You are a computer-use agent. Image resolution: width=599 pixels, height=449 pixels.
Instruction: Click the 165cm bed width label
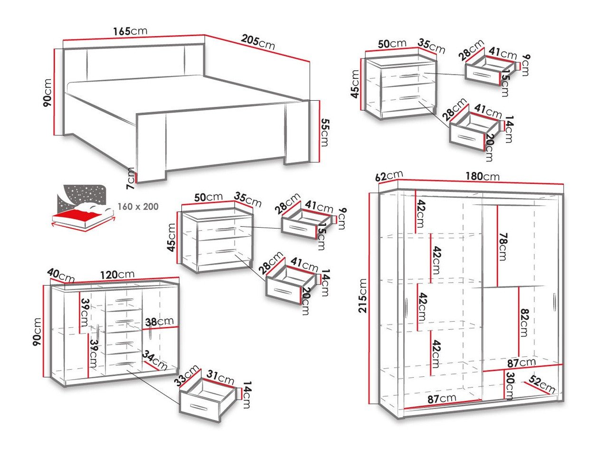point(130,31)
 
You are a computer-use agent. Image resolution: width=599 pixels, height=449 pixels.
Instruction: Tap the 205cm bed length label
point(257,42)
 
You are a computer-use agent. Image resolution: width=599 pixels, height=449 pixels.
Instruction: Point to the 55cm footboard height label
point(324,133)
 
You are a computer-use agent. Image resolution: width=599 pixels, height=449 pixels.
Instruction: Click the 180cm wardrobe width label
point(482,177)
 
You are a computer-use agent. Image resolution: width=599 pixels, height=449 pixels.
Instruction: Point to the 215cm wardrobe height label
point(363,296)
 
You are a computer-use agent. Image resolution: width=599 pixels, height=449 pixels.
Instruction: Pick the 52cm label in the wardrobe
point(542,386)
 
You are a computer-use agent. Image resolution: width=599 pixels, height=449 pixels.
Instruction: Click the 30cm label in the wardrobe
point(509,385)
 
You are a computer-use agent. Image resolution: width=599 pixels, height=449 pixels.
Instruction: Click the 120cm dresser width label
point(117,275)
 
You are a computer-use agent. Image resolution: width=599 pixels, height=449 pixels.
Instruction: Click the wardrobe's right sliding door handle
point(554,303)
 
